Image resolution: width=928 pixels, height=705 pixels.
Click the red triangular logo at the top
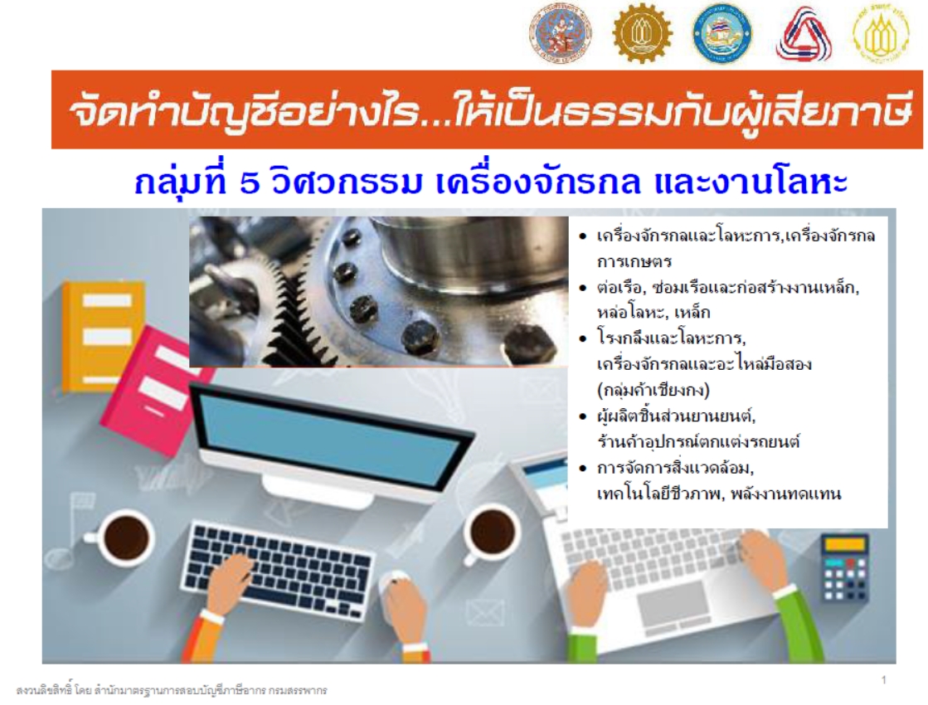click(804, 34)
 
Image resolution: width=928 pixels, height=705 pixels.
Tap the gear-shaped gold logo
click(642, 34)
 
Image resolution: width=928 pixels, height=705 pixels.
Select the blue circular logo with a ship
click(722, 34)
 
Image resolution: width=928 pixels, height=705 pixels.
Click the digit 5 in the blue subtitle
click(250, 183)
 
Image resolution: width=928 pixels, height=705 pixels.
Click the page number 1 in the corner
click(883, 679)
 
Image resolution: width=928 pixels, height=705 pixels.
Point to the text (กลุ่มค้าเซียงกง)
click(653, 390)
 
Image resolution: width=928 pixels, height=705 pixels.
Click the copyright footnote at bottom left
click(172, 690)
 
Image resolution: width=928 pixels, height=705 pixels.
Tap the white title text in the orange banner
click(487, 110)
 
